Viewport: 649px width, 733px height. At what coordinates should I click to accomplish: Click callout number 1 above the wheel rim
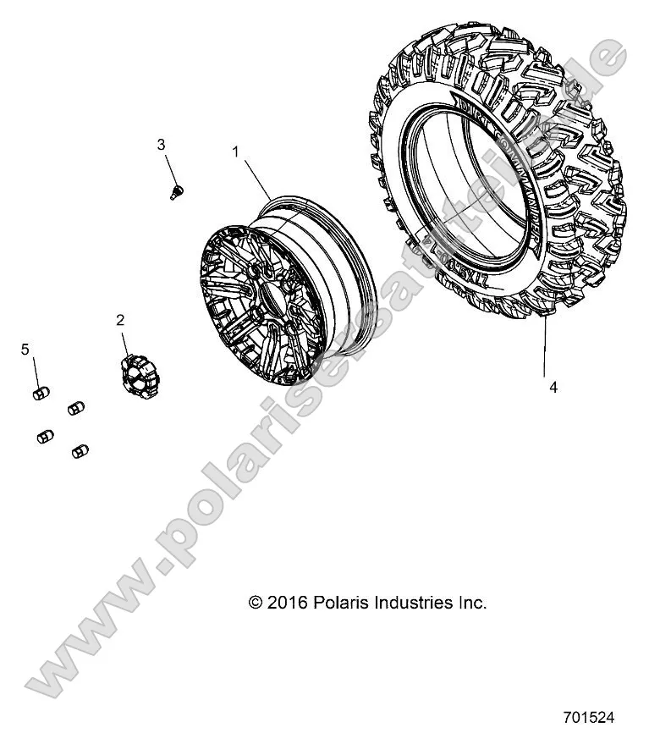tap(236, 152)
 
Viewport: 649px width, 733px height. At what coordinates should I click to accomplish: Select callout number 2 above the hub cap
tap(120, 319)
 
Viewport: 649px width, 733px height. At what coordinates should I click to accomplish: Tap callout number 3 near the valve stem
tap(162, 145)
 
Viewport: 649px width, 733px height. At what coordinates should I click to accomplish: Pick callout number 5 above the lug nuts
tap(25, 349)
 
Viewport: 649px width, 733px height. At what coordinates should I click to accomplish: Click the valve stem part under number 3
tap(177, 190)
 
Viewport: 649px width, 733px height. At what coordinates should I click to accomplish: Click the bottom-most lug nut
tap(81, 450)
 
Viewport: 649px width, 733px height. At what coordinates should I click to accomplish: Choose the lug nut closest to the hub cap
tap(76, 406)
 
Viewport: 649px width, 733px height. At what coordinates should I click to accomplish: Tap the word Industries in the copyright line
tap(410, 603)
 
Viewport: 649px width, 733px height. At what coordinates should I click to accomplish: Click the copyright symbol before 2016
tap(256, 603)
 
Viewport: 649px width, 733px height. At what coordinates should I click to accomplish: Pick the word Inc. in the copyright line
tap(471, 603)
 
